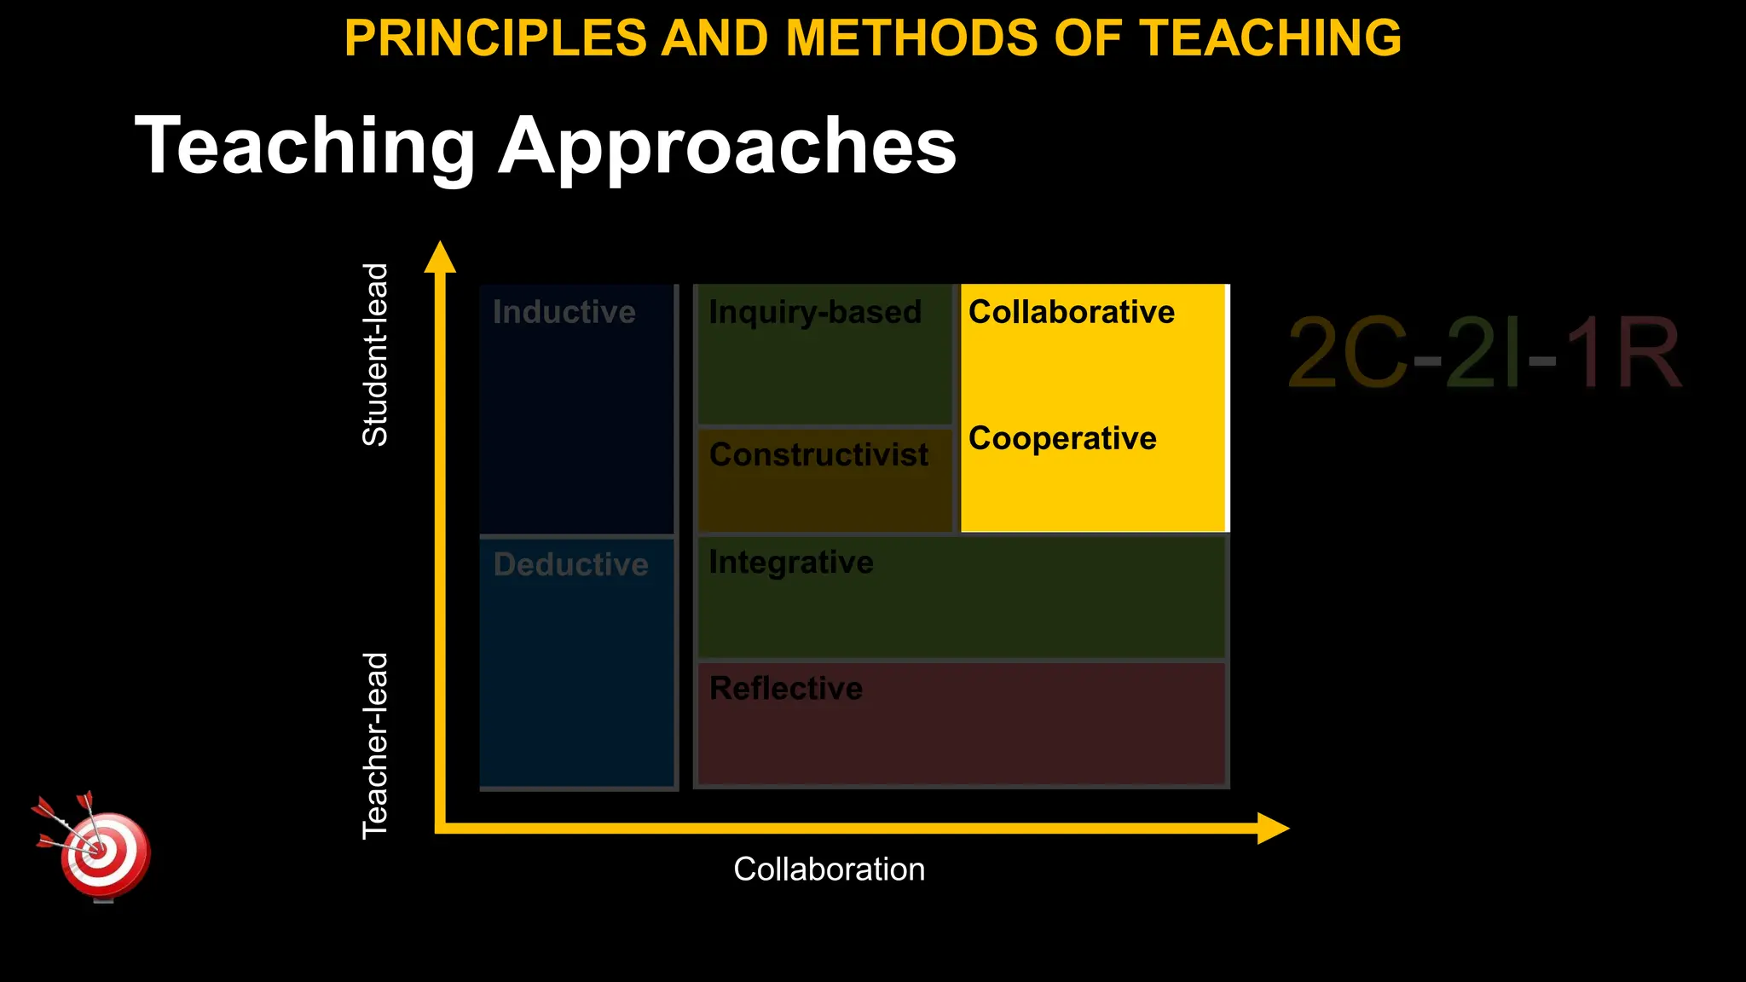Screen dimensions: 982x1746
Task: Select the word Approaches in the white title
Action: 727,147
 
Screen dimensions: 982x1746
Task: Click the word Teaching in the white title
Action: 304,147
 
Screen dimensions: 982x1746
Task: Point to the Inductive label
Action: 564,312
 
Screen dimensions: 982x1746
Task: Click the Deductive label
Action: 570,564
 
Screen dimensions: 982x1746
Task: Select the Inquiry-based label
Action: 815,312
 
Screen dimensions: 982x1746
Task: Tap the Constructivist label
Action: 818,455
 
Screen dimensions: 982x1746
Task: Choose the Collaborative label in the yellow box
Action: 1071,312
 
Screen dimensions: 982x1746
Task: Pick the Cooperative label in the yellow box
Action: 1062,438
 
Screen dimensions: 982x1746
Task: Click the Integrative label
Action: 791,563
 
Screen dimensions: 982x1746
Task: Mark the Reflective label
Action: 786,689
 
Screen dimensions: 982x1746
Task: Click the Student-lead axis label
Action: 375,355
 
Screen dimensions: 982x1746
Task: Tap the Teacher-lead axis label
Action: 375,746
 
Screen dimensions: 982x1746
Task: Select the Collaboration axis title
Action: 829,869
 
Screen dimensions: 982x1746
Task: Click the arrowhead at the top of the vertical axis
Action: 440,257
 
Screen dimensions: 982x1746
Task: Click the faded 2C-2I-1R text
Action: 1483,353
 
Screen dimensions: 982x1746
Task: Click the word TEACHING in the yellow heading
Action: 1270,38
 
